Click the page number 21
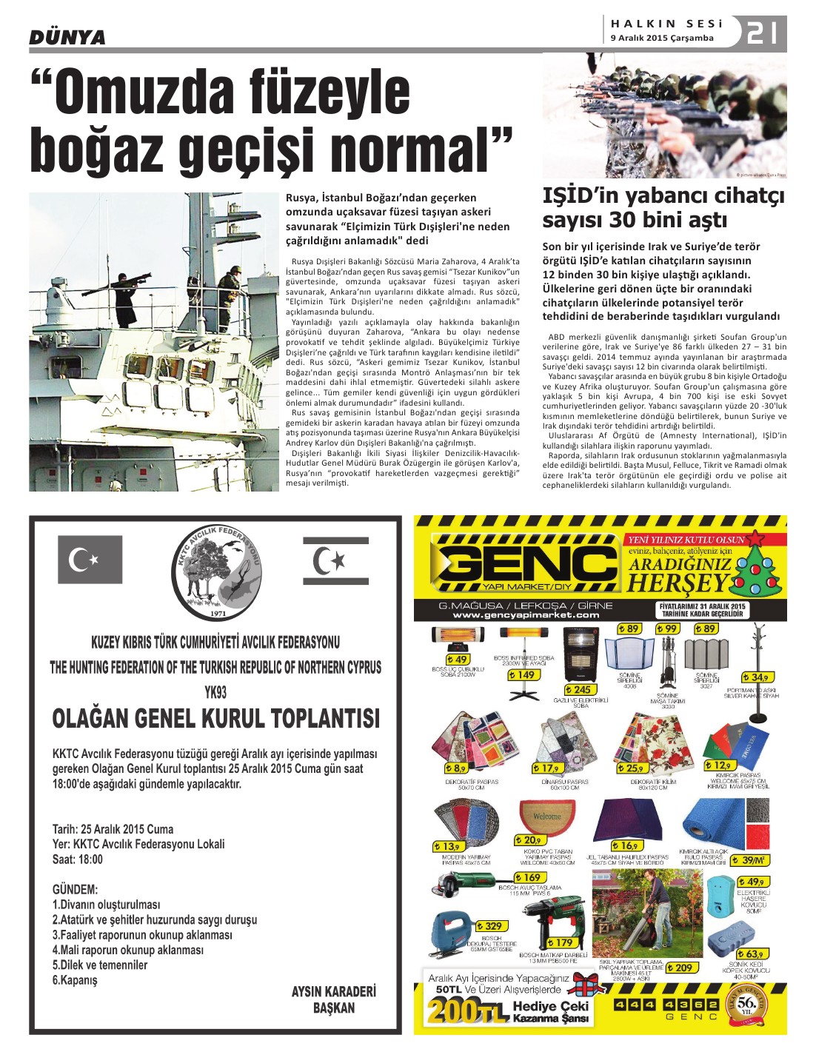763,33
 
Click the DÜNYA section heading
67,37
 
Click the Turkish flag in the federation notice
90,559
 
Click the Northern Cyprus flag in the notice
335,561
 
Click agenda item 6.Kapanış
75,980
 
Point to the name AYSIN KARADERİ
333,991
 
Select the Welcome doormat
547,817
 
